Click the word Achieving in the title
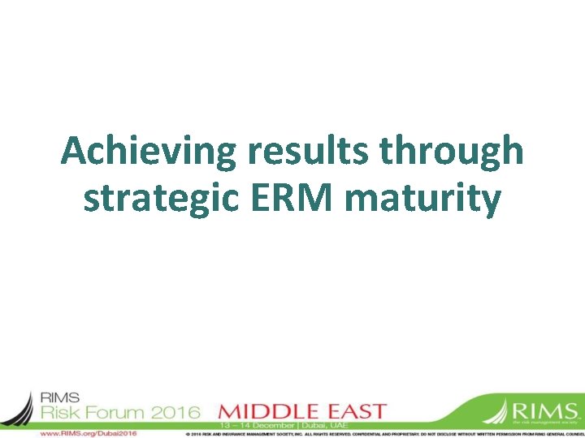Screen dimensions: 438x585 pyautogui.click(x=135, y=152)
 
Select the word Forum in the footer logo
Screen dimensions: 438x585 pyautogui.click(x=123, y=412)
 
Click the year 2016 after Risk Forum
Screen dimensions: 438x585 pyautogui.click(x=177, y=412)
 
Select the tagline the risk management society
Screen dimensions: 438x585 pyautogui.click(x=546, y=423)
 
